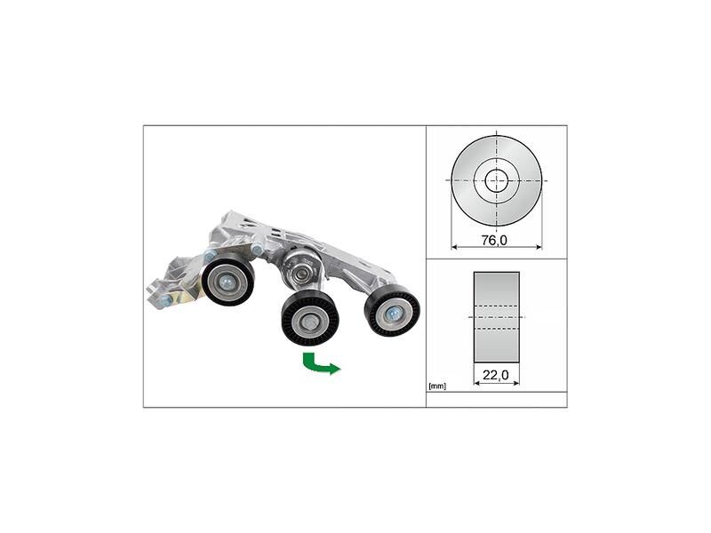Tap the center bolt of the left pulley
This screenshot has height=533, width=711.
228,282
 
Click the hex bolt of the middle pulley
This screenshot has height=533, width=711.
310,321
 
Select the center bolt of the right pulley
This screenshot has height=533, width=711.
392,313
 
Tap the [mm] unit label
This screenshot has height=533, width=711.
436,386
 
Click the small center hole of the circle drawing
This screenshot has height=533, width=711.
496,180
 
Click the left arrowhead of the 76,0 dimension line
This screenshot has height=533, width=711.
454,246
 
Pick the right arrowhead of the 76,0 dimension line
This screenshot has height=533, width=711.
539,246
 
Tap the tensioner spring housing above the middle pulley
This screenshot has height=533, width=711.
300,265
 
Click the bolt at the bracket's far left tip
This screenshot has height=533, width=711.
165,303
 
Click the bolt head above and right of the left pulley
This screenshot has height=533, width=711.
257,251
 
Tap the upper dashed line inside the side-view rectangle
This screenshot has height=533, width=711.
496,306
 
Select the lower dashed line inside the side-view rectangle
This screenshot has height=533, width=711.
496,326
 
